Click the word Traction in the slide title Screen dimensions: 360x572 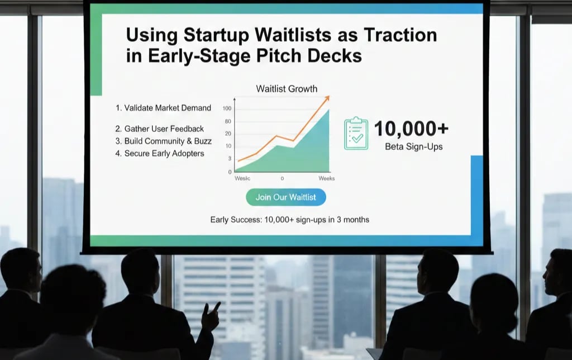(401, 35)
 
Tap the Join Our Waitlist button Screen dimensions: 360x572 (285, 197)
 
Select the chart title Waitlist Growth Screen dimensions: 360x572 (287, 88)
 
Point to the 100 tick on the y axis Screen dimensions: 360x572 (227, 108)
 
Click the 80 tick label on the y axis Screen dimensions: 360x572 (227, 121)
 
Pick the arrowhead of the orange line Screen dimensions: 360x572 (327, 98)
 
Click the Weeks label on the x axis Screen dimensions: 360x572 (326, 178)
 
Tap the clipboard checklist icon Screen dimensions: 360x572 (356, 133)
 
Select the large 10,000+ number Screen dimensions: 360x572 (411, 129)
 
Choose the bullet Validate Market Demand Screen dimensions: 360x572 (163, 108)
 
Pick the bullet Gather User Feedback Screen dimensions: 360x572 (160, 129)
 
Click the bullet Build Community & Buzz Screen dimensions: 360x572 (163, 141)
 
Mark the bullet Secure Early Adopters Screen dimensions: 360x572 (160, 153)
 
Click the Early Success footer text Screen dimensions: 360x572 (289, 220)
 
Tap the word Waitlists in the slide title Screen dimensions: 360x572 (294, 35)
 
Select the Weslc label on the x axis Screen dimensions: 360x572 (242, 178)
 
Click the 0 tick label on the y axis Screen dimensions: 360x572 (230, 172)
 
